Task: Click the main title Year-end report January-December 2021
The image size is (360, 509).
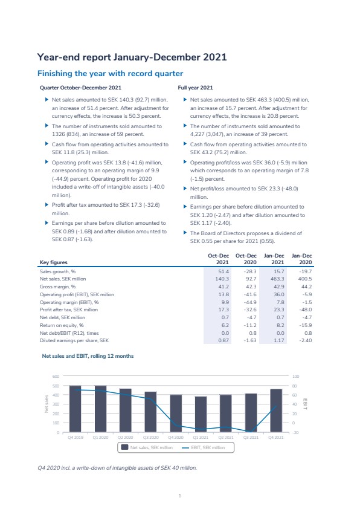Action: pyautogui.click(x=132, y=57)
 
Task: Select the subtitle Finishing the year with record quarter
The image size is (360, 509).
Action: pyautogui.click(x=111, y=74)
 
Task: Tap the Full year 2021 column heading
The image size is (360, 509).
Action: pyautogui.click(x=195, y=88)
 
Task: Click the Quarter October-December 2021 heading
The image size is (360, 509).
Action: pyautogui.click(x=80, y=88)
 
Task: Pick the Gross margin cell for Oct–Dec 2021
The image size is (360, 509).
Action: pyautogui.click(x=223, y=287)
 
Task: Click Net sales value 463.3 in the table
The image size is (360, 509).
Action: pyautogui.click(x=277, y=279)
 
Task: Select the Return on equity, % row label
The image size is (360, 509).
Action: pyautogui.click(x=62, y=325)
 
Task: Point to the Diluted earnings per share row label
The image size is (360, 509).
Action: pyautogui.click(x=74, y=340)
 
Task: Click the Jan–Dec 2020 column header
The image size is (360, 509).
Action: pyautogui.click(x=301, y=259)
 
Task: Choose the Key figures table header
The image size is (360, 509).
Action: pyautogui.click(x=54, y=262)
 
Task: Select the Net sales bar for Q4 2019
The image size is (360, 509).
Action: pyautogui.click(x=76, y=409)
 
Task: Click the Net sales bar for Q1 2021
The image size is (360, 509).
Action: pyautogui.click(x=201, y=414)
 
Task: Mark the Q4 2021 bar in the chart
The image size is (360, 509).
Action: pyautogui.click(x=276, y=410)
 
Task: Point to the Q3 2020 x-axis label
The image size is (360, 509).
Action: pyautogui.click(x=150, y=438)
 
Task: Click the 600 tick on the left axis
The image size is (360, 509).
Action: pyautogui.click(x=56, y=376)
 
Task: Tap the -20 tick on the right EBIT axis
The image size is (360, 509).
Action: pyautogui.click(x=295, y=432)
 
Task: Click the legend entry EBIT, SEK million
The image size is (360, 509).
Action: pyautogui.click(x=204, y=448)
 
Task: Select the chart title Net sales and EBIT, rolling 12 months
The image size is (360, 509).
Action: pyautogui.click(x=88, y=356)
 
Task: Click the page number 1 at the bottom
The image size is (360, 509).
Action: pyautogui.click(x=179, y=496)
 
